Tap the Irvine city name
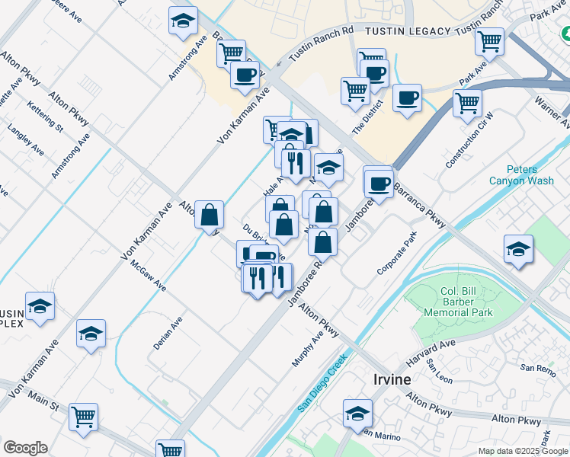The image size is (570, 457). pos(392,379)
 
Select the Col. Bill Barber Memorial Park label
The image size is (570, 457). pos(467,302)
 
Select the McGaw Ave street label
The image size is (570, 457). pos(149,274)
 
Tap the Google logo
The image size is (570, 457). pos(25,448)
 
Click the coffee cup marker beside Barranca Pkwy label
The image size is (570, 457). pos(379,183)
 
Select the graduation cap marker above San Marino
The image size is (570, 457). pos(357,414)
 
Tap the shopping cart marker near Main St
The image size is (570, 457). pos(84,417)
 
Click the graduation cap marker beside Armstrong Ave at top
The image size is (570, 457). pos(183,22)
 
